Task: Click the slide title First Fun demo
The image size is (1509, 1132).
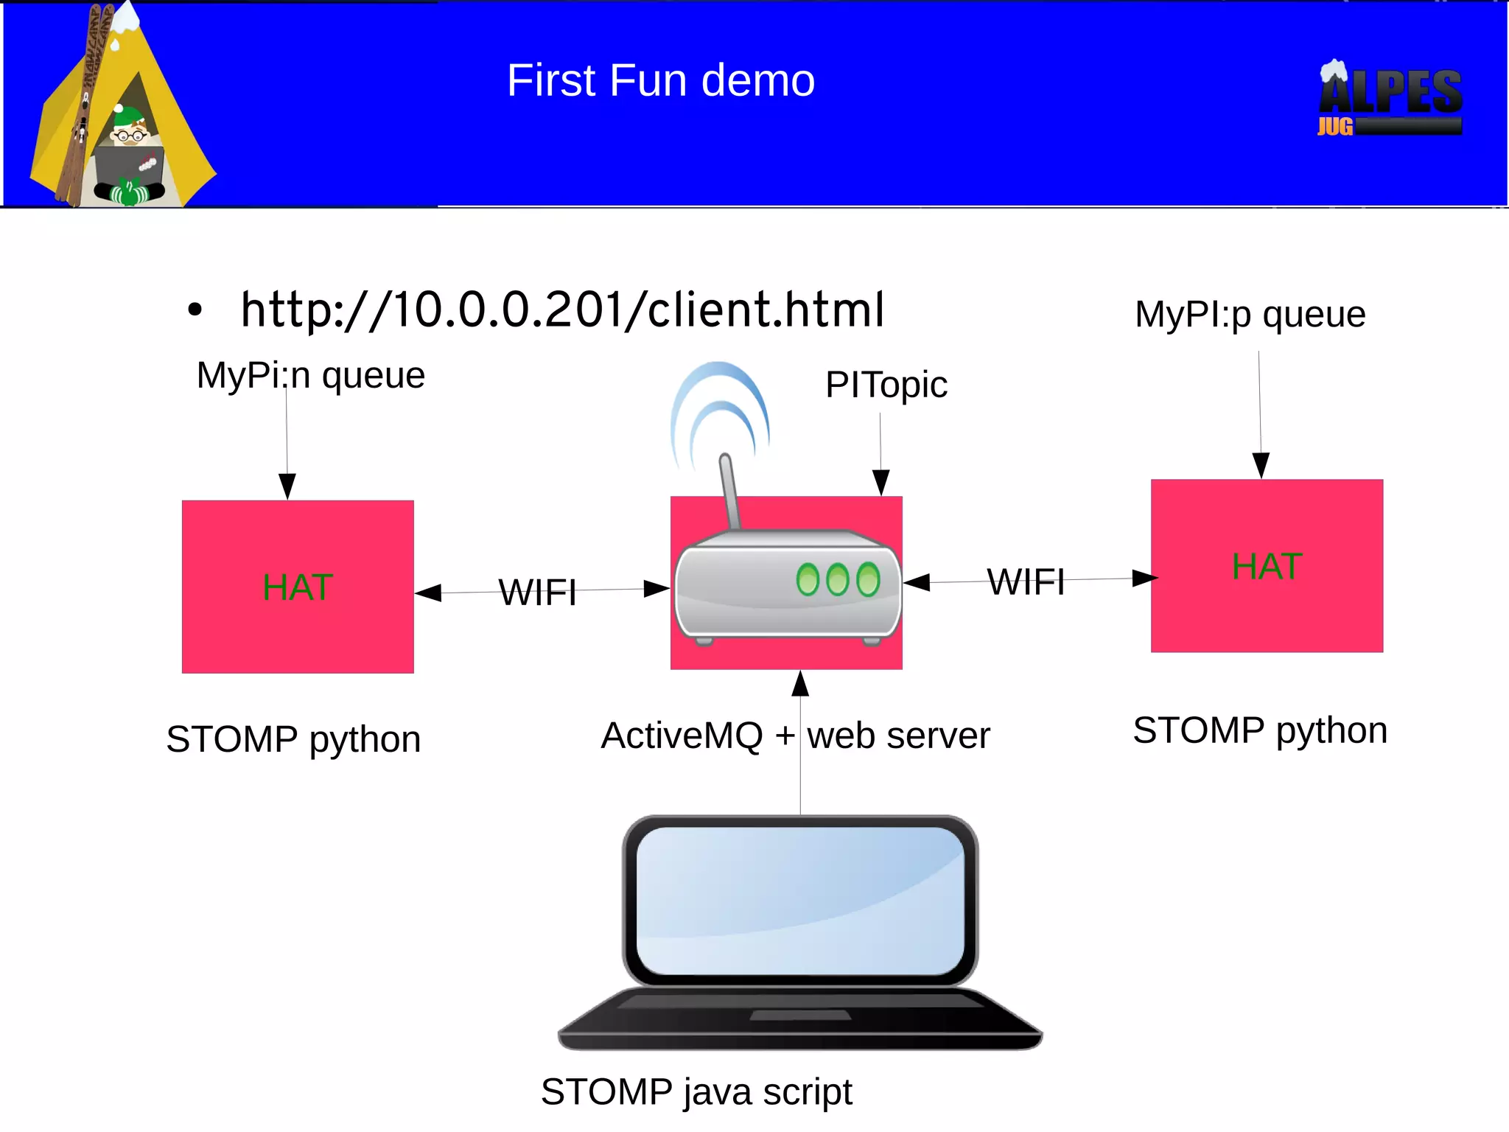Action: pyautogui.click(x=660, y=80)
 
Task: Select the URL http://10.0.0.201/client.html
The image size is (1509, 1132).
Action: pyautogui.click(x=562, y=310)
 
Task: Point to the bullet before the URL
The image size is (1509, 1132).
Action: pyautogui.click(x=195, y=310)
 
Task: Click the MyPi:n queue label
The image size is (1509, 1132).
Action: pyautogui.click(x=310, y=375)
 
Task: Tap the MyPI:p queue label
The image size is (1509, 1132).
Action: pyautogui.click(x=1250, y=315)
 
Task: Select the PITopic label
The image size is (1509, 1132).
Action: pyautogui.click(x=886, y=385)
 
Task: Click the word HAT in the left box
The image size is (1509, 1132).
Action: pyautogui.click(x=298, y=588)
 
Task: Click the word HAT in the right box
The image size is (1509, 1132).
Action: pyautogui.click(x=1267, y=567)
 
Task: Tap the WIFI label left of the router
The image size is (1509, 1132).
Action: pyautogui.click(x=537, y=593)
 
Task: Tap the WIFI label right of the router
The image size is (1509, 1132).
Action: pyautogui.click(x=1025, y=582)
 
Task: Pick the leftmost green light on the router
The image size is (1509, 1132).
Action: pyautogui.click(x=808, y=579)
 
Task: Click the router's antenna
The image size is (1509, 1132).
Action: pyautogui.click(x=729, y=491)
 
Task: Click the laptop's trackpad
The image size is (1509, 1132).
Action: pyautogui.click(x=800, y=1016)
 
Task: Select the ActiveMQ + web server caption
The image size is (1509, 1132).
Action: pyautogui.click(x=795, y=736)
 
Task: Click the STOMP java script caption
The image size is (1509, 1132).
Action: pyautogui.click(x=696, y=1091)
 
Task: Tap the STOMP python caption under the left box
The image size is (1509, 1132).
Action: pyautogui.click(x=293, y=739)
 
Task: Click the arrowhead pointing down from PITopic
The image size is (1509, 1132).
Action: pyautogui.click(x=880, y=482)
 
